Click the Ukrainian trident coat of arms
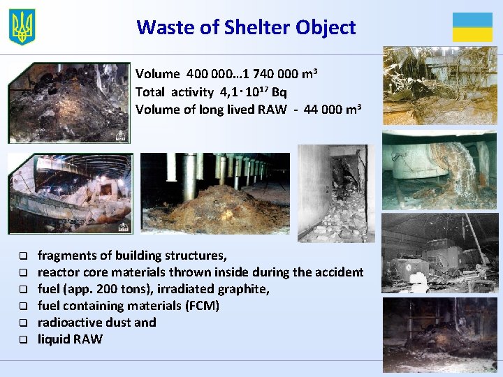22,27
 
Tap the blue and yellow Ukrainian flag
472,27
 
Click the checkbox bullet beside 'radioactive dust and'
22,323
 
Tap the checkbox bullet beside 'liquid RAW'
22,340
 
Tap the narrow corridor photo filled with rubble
336,193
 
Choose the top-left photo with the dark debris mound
68,103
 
